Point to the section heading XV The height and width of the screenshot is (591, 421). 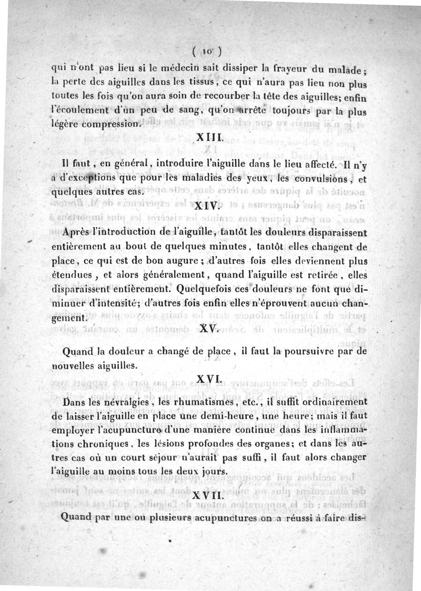pyautogui.click(x=209, y=329)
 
